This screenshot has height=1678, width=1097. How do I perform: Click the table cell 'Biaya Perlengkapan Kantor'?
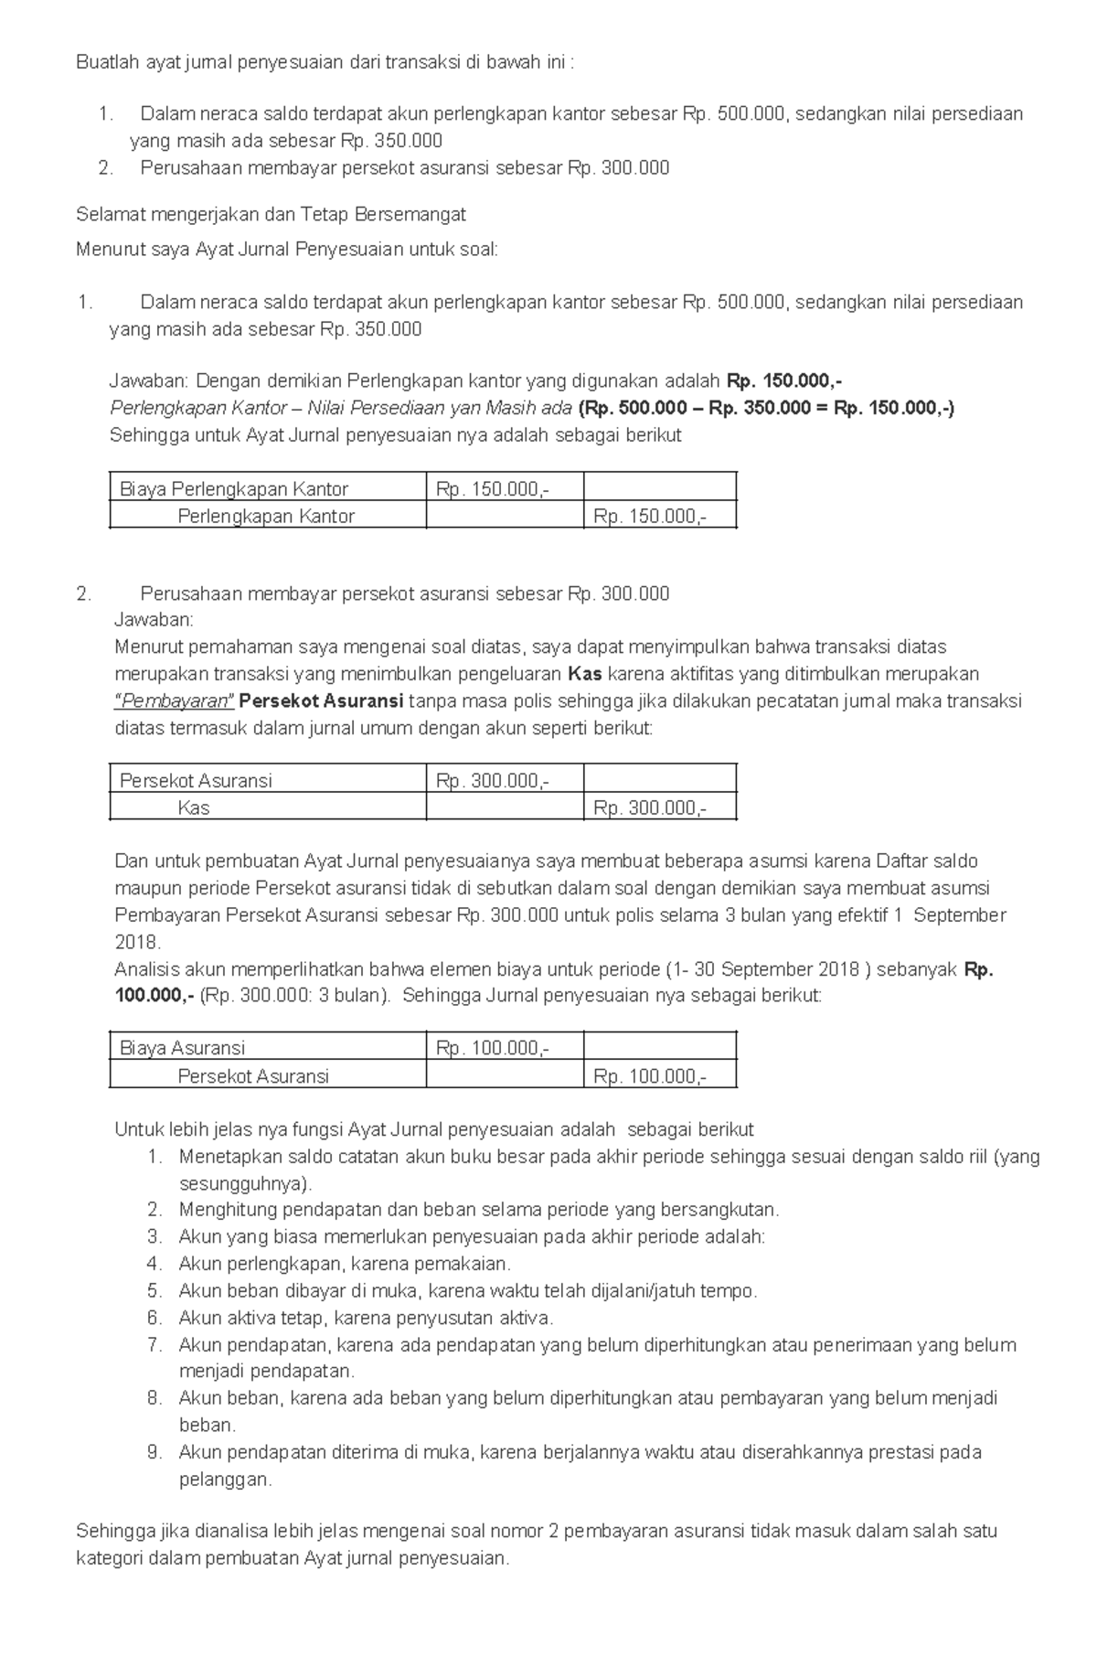tap(234, 489)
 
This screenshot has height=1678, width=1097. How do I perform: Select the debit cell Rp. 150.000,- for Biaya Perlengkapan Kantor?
tap(493, 489)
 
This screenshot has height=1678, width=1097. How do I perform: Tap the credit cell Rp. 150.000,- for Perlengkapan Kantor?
tap(649, 517)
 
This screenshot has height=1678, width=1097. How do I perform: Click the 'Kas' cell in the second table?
tap(194, 808)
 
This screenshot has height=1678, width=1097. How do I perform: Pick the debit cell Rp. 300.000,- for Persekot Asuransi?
tap(493, 781)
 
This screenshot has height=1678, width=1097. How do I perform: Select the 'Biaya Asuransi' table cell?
tap(182, 1048)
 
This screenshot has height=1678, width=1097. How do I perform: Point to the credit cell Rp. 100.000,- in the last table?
tap(649, 1076)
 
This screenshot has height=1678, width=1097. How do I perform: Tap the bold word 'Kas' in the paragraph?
tap(584, 675)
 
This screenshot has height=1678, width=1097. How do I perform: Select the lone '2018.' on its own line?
tap(137, 942)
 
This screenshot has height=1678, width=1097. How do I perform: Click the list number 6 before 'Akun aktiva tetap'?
tap(154, 1318)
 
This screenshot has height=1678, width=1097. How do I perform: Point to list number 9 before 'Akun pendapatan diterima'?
tap(154, 1452)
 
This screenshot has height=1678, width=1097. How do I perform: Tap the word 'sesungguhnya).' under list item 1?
tap(246, 1184)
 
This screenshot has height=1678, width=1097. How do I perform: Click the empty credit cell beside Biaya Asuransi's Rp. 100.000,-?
tap(659, 1048)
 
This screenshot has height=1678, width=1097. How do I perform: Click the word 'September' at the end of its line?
tap(960, 915)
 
